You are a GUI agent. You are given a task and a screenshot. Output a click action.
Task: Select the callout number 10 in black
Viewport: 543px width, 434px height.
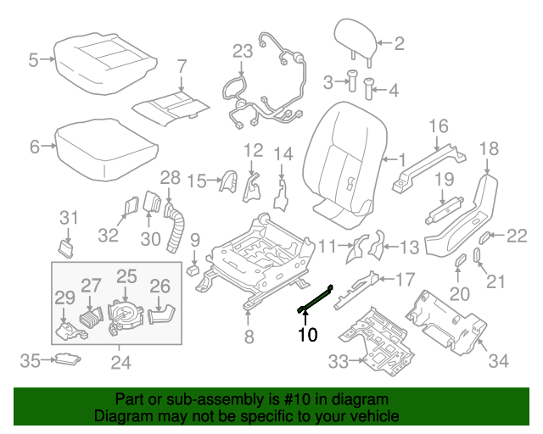pyautogui.click(x=307, y=335)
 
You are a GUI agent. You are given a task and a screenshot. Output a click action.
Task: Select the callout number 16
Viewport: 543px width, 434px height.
pyautogui.click(x=438, y=127)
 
